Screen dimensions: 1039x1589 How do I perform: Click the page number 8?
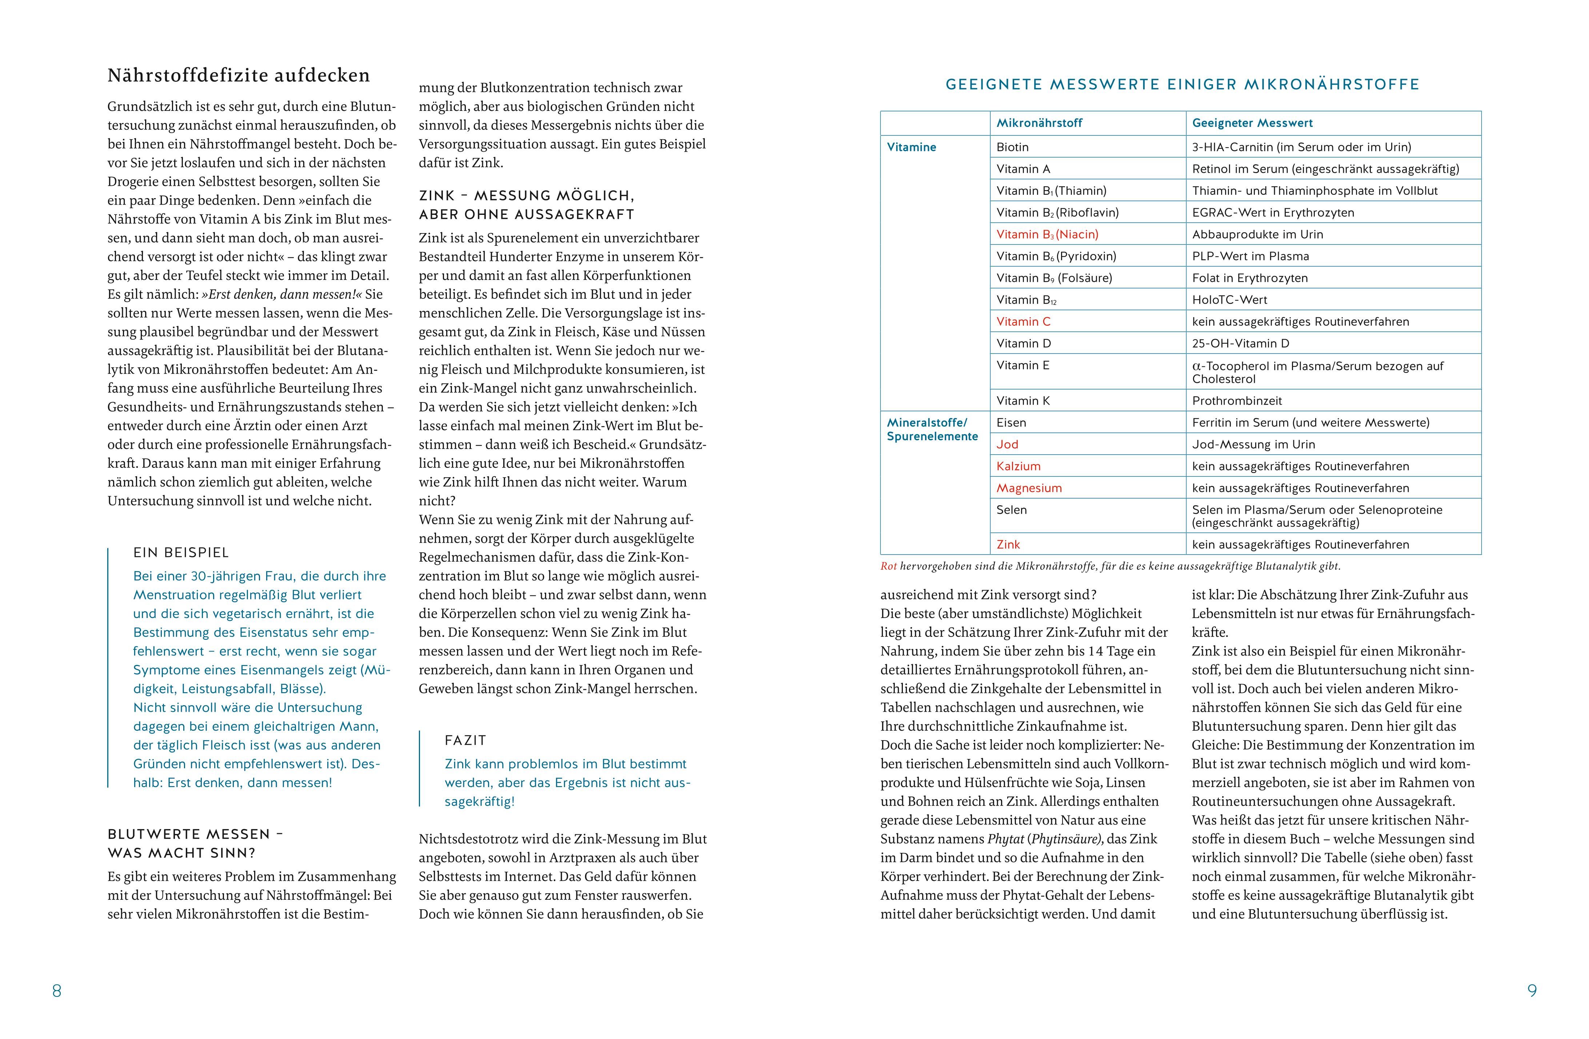click(57, 991)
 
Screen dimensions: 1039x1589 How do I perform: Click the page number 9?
click(1532, 991)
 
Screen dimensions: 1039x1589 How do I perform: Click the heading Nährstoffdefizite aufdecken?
click(239, 75)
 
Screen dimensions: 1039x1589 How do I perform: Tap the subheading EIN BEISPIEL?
click(181, 553)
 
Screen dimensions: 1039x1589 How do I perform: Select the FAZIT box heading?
click(465, 740)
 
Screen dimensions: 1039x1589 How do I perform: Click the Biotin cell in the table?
click(1012, 147)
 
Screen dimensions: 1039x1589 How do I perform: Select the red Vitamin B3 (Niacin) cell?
click(1047, 234)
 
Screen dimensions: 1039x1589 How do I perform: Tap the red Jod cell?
click(1008, 444)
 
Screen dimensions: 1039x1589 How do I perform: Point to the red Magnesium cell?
click(1029, 488)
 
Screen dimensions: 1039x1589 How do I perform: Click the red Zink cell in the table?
click(1008, 545)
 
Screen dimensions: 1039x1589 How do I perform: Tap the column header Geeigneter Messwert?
click(1252, 123)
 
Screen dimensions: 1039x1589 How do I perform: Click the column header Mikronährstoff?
click(1039, 123)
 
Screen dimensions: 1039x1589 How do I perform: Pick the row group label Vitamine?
click(911, 147)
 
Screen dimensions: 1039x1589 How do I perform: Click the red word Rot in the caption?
click(889, 566)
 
